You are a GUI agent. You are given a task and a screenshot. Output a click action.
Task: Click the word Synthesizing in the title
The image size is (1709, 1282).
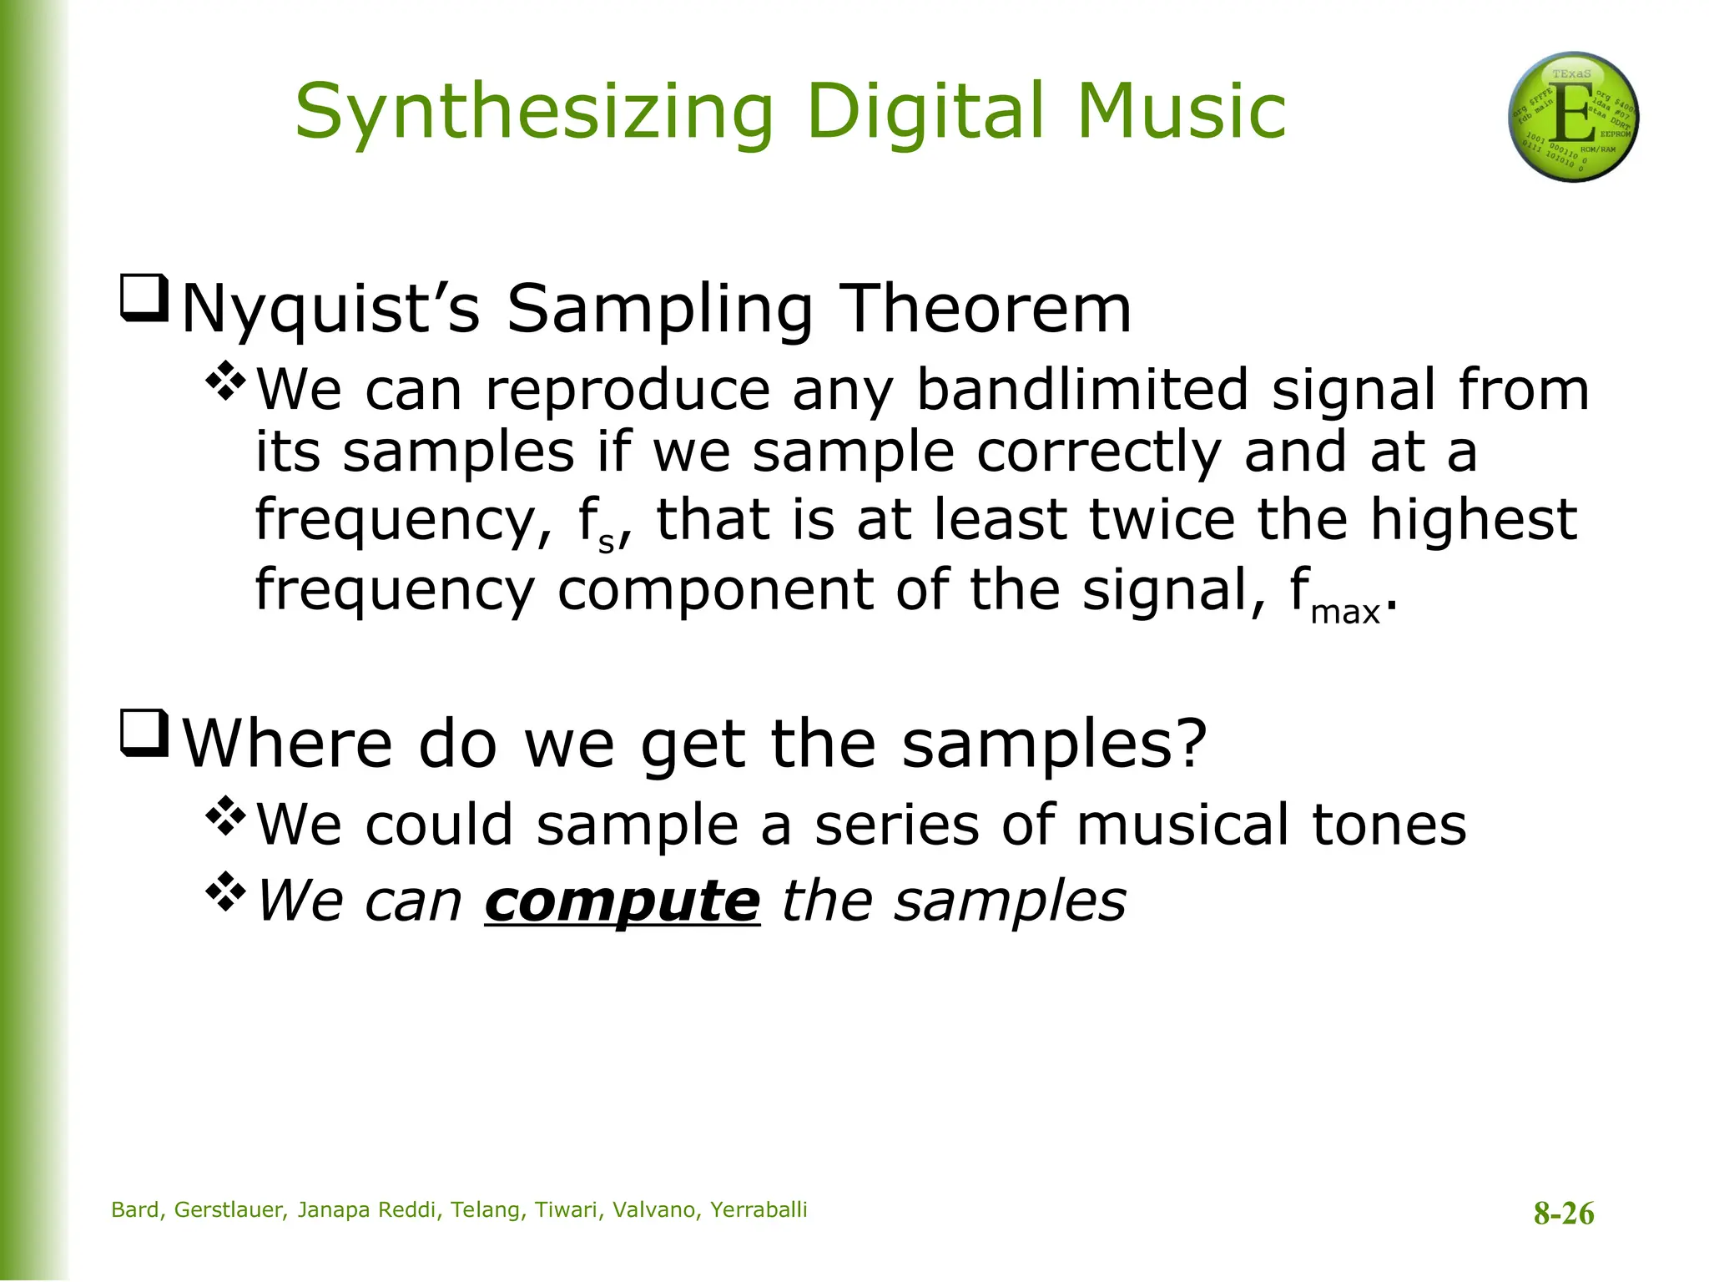534,113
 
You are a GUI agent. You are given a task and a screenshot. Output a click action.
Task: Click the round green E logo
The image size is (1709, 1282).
1573,117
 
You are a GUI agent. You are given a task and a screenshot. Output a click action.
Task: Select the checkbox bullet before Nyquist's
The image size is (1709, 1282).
145,298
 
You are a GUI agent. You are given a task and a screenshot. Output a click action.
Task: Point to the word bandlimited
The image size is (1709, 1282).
1082,390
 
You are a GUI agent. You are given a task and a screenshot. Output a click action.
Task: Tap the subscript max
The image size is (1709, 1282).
1345,613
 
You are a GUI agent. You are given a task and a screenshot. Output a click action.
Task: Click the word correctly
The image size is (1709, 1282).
1099,452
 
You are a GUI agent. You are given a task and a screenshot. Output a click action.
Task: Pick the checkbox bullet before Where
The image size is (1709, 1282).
145,732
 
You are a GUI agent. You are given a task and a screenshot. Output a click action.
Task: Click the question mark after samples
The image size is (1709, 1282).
1190,742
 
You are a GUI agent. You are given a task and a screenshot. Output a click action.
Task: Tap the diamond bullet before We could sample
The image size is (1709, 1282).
226,816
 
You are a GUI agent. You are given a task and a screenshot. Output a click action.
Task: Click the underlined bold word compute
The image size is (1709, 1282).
623,901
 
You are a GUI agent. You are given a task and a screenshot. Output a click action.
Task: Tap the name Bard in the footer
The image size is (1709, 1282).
135,1210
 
